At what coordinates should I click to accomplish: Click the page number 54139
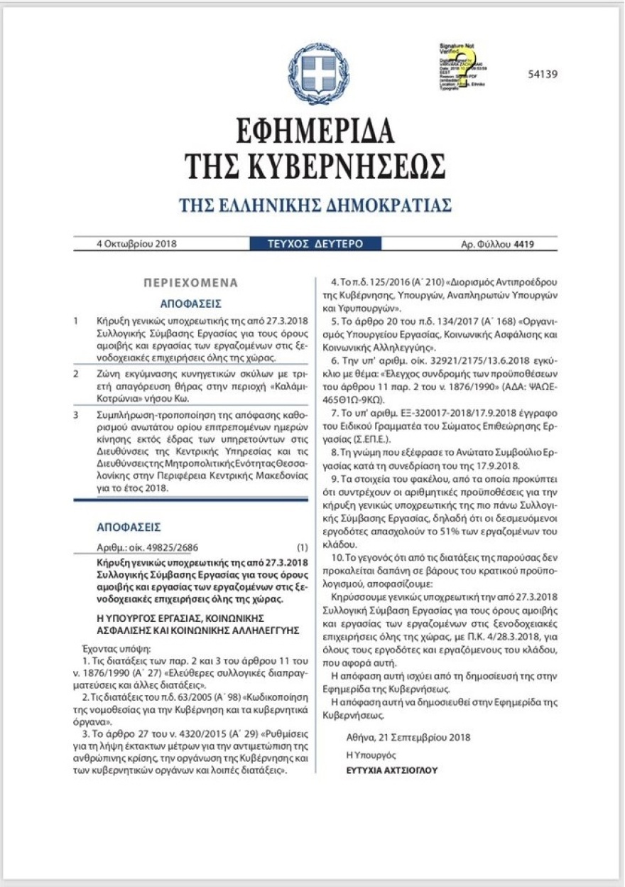tap(543, 74)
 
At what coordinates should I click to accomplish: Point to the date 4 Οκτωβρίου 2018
tap(136, 244)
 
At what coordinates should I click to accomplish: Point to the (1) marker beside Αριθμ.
tap(303, 547)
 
